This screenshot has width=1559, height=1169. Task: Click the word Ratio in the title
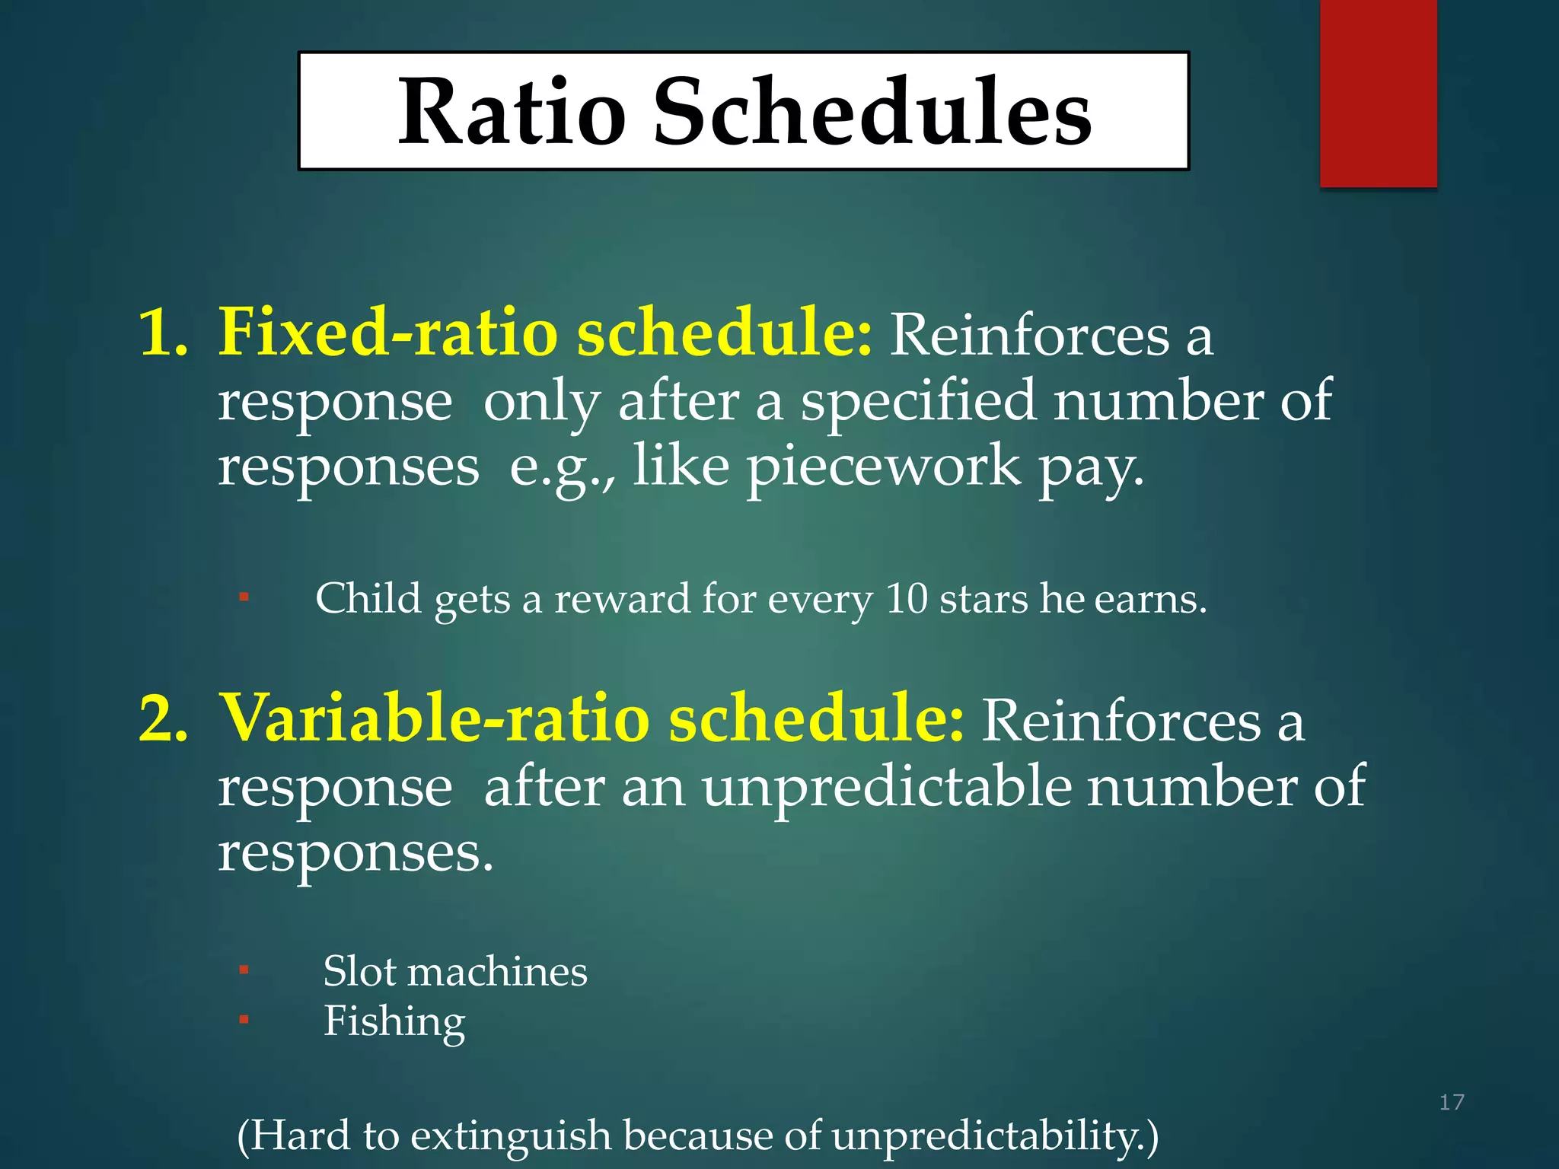[512, 112]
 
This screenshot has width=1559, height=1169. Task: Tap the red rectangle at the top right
[1378, 93]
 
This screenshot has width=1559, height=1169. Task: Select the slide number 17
[1451, 1102]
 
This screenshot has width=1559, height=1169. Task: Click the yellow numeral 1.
[162, 333]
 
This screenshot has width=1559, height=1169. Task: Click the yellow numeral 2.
[162, 718]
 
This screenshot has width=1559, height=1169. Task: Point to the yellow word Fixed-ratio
[388, 333]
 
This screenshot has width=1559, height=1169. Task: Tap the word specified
[918, 401]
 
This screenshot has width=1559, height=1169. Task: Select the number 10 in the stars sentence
[906, 599]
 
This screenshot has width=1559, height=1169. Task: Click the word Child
[368, 598]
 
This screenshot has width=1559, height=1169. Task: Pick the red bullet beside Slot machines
[244, 970]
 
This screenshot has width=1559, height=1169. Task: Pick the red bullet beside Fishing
[244, 1019]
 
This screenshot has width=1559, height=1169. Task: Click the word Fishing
[394, 1021]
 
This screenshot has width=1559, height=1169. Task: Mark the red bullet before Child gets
[244, 597]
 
